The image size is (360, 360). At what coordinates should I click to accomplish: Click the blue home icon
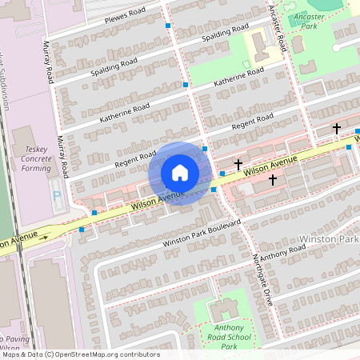click(x=179, y=173)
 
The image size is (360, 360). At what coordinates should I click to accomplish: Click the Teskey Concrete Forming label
click(x=37, y=158)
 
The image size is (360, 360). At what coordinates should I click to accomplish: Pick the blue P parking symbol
click(x=55, y=194)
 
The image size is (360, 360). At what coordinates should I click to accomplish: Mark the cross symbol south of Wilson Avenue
click(x=273, y=180)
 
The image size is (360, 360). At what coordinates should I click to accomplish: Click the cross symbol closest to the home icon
click(x=238, y=164)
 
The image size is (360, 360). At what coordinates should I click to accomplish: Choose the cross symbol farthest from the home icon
click(x=337, y=128)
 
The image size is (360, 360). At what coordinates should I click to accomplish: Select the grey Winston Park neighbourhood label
click(x=328, y=239)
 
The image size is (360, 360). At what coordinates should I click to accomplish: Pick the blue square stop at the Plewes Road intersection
click(x=168, y=26)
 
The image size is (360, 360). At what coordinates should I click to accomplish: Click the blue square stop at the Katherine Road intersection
click(x=186, y=84)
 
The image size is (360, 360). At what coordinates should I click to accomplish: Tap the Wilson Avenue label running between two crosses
click(x=270, y=166)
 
